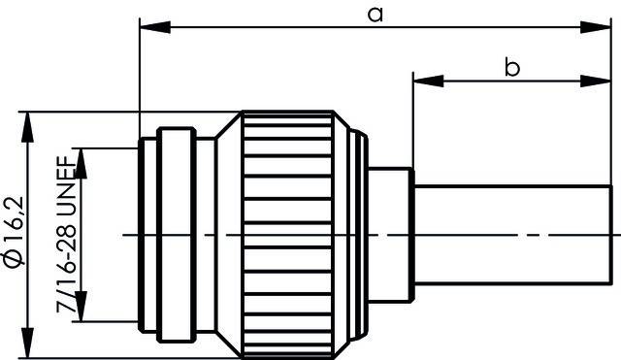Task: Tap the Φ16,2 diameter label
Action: click(12, 225)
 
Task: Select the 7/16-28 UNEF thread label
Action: click(66, 234)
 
